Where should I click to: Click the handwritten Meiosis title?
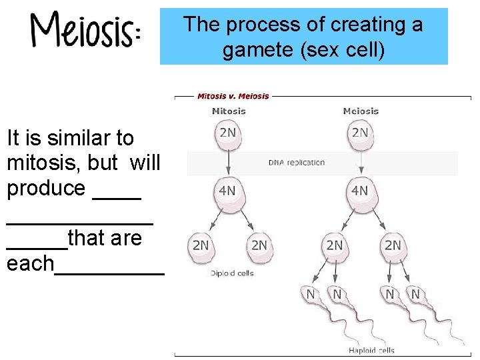point(85,31)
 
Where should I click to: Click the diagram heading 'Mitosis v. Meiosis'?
point(233,96)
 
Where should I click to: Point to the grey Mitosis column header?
point(229,111)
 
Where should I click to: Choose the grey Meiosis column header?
point(361,111)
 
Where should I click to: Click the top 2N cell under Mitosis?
point(228,133)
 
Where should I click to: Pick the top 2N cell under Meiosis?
point(360,133)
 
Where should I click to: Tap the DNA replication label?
point(297,162)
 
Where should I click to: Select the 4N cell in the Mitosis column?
point(227,191)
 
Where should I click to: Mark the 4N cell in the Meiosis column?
point(359,191)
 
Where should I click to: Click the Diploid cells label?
point(232,273)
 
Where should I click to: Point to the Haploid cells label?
point(372,350)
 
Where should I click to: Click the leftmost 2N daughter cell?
point(201,245)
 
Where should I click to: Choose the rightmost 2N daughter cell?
point(393,245)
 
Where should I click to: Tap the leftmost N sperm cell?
point(311,294)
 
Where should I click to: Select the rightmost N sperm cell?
point(415,294)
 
